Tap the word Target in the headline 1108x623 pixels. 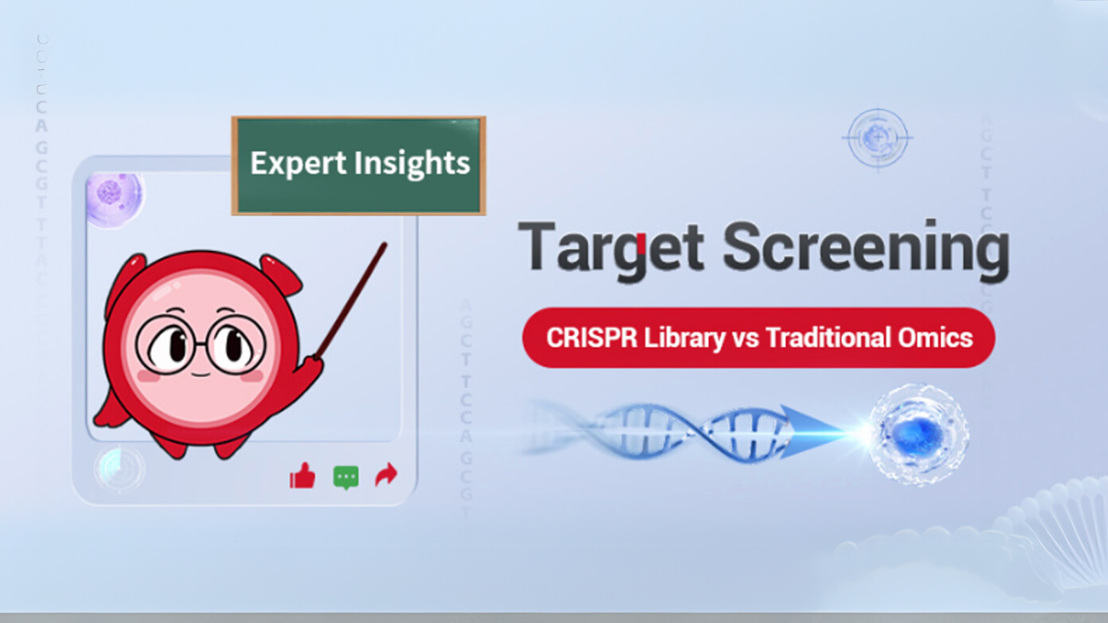pyautogui.click(x=610, y=248)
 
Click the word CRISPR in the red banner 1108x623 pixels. pyautogui.click(x=583, y=337)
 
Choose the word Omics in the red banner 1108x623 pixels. pyautogui.click(x=940, y=337)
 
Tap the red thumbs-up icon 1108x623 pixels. pyautogui.click(x=303, y=476)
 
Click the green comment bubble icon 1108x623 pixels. pyautogui.click(x=345, y=477)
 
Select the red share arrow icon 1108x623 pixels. pyautogui.click(x=387, y=475)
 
